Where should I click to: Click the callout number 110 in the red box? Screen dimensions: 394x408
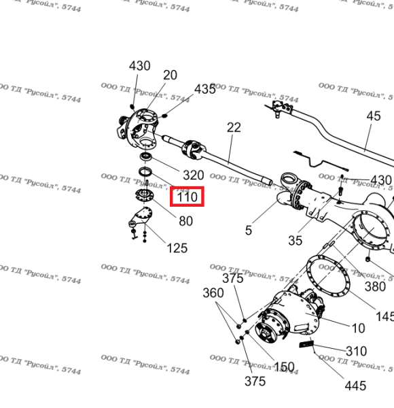[x=187, y=197]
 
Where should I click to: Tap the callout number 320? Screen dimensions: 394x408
[x=194, y=175]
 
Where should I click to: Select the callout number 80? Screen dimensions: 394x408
[x=186, y=221]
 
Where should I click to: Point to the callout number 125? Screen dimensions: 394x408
[x=177, y=248]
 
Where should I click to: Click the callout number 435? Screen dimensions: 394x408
[x=205, y=89]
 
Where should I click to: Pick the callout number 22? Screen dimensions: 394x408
[x=234, y=128]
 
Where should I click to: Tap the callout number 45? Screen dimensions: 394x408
[x=374, y=116]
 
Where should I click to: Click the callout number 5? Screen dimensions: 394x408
[x=249, y=231]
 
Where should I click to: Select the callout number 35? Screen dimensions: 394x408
[x=295, y=241]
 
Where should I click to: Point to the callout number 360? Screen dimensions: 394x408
[x=213, y=292]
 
